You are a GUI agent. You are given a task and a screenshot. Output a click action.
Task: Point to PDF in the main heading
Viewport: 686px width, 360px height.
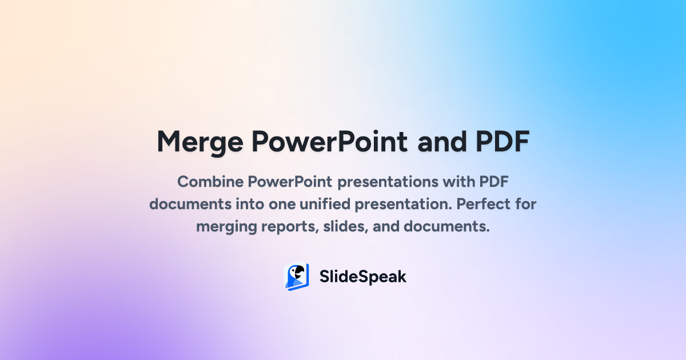(502, 142)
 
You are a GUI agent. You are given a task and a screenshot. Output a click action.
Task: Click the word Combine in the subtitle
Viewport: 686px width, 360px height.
(210, 182)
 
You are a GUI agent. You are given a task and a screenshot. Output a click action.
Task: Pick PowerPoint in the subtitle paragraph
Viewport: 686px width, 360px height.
(290, 182)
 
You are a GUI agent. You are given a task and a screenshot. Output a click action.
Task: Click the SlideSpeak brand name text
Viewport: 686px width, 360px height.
(363, 277)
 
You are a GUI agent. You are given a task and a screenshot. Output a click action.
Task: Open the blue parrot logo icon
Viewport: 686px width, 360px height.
(297, 277)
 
